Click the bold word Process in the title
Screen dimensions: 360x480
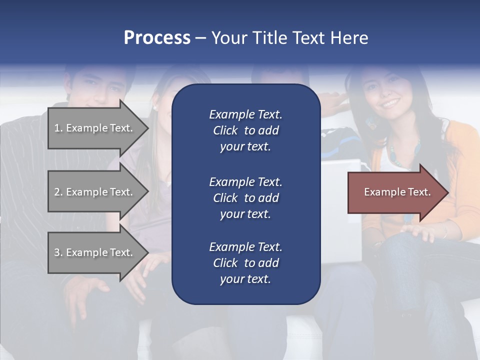click(157, 37)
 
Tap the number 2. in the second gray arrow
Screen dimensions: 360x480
click(58, 192)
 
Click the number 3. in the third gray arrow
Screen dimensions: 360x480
click(58, 252)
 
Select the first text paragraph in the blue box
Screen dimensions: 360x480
click(245, 130)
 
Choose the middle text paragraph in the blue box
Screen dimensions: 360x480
click(245, 197)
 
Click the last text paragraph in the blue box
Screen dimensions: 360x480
click(245, 262)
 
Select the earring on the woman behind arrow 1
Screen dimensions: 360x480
click(155, 107)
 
